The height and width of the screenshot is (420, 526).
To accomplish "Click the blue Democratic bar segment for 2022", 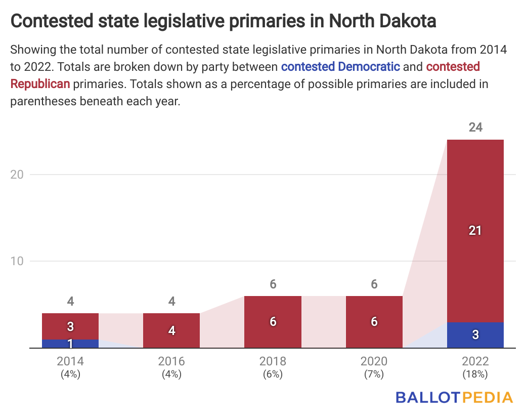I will point(475,335).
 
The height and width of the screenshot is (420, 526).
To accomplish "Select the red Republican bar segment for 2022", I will point(475,230).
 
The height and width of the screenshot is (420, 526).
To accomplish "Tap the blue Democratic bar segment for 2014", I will point(70,344).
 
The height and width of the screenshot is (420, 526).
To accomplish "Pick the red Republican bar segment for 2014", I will point(70,326).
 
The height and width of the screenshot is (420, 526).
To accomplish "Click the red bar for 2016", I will point(171,330).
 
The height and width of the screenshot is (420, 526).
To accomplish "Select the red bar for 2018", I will point(273,322).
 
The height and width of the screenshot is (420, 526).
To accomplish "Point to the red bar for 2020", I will point(374,322).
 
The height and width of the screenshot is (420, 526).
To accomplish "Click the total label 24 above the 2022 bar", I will point(475,128).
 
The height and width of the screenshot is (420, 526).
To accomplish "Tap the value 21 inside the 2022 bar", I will point(475,231).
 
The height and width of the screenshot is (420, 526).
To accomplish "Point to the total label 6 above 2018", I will point(273,284).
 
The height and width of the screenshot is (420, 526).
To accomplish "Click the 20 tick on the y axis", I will point(18,175).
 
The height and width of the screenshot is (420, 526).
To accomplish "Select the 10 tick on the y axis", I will point(18,261).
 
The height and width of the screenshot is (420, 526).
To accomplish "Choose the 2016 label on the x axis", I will point(171,361).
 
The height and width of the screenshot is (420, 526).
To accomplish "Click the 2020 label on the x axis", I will point(374,361).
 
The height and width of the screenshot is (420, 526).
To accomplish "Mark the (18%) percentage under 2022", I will point(475,374).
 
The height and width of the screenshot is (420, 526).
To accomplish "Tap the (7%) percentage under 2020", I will point(374,374).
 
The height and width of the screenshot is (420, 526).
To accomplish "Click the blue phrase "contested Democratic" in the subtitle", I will point(340,67).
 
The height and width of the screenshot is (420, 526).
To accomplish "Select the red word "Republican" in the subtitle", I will point(40,84).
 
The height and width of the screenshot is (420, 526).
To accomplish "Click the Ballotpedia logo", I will point(454,397).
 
